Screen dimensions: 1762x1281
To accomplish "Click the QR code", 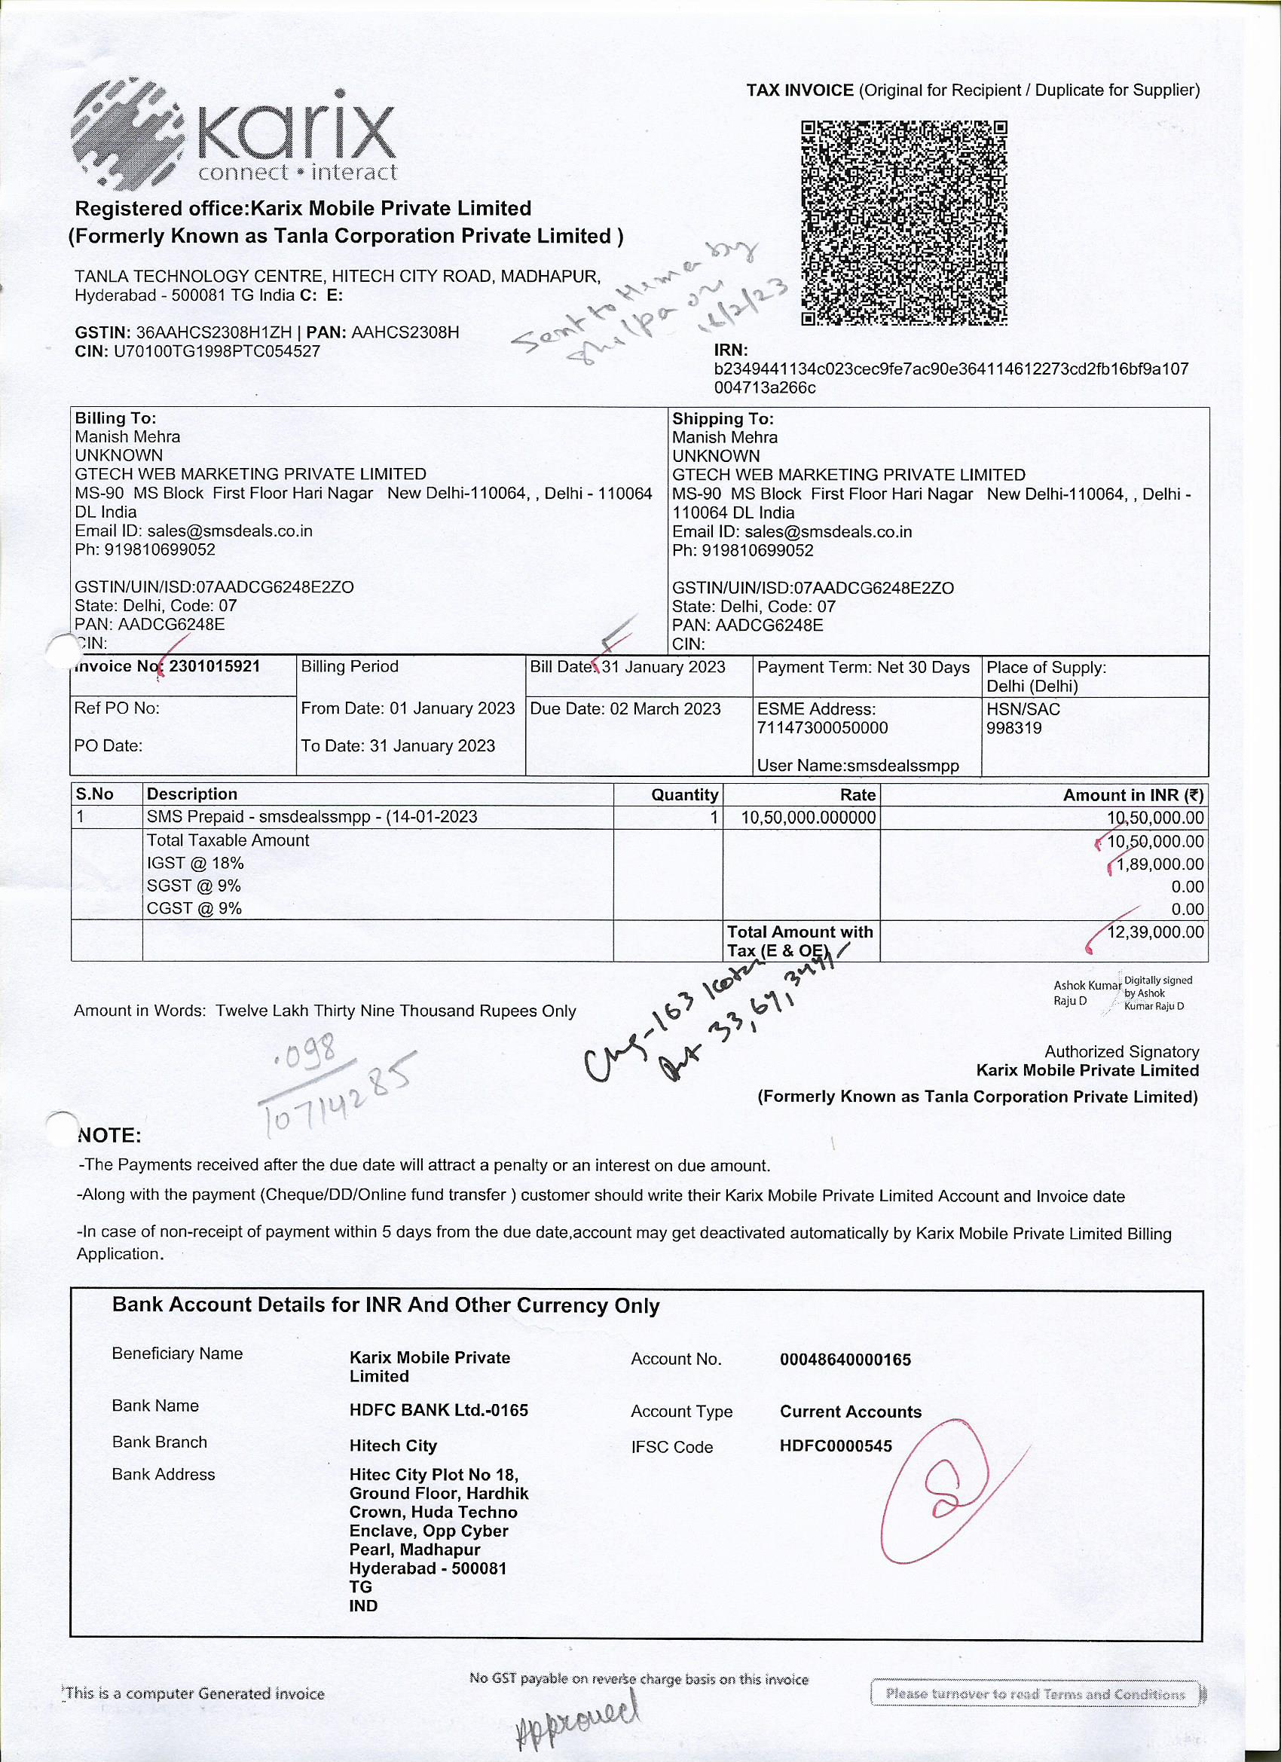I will tap(903, 222).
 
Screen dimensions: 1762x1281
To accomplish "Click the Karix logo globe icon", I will tap(127, 135).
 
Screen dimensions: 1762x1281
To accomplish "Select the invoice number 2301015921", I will tap(215, 666).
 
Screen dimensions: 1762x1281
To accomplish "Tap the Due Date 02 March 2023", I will tap(625, 708).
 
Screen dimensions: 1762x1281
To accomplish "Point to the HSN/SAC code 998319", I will tap(1013, 728).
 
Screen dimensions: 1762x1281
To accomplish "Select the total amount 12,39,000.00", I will tap(1155, 931).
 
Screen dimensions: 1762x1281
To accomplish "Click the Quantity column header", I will tap(683, 794).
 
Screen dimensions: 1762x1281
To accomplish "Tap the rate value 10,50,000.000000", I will tap(808, 817).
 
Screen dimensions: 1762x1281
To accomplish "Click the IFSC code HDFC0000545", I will tap(836, 1445).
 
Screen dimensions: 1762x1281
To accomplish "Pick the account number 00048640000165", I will tap(845, 1360).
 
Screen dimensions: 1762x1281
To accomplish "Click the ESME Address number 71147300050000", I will tap(822, 728).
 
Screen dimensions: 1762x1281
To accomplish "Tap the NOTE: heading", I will tap(109, 1135).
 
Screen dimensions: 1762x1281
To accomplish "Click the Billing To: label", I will tap(116, 418).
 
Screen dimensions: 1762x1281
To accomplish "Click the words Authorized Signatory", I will tap(1121, 1051).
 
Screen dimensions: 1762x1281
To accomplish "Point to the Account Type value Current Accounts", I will tap(851, 1412).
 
